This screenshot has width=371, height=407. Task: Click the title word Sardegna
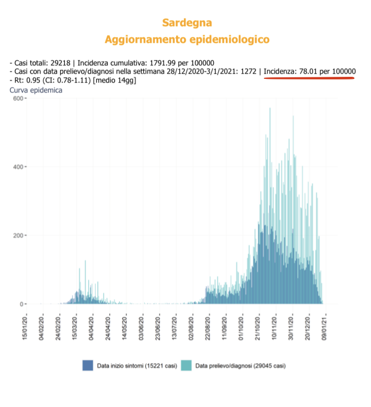[x=187, y=23]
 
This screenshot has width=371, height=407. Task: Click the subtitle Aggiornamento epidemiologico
[x=187, y=39]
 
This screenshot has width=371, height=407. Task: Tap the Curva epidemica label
[x=36, y=90]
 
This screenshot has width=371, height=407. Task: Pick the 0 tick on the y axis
[x=19, y=304]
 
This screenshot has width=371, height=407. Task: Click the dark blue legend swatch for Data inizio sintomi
[x=87, y=366]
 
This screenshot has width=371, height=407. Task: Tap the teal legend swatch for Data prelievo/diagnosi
[x=187, y=366]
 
